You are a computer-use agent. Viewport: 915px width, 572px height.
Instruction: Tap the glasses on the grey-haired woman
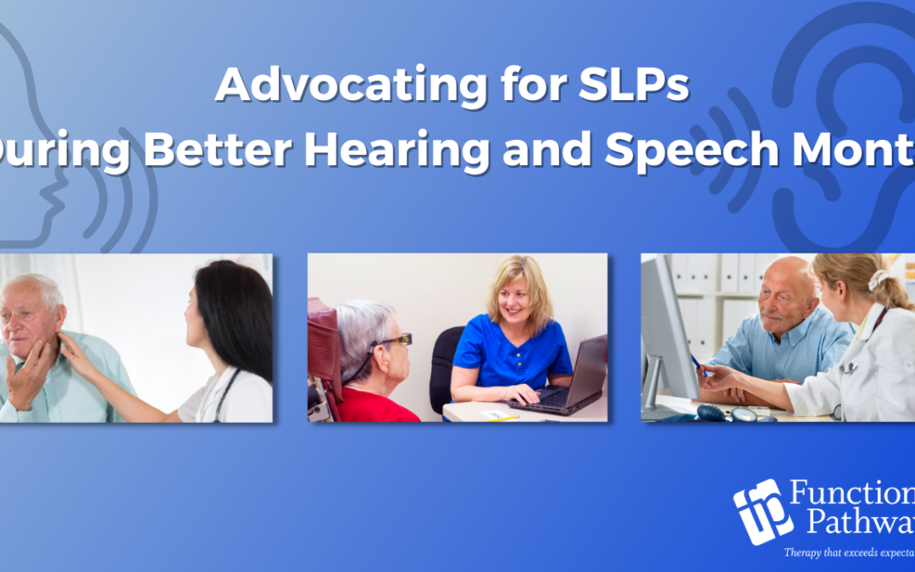click(395, 341)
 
